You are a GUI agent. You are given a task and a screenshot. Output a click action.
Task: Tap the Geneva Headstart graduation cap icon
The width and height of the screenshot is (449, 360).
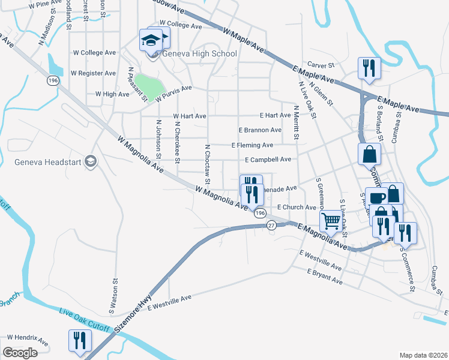91,161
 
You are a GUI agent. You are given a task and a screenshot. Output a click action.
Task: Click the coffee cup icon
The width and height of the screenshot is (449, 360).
376,197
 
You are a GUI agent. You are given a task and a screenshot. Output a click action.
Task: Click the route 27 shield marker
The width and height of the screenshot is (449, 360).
271,225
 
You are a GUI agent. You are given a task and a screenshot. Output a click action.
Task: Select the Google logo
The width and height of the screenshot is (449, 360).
20,353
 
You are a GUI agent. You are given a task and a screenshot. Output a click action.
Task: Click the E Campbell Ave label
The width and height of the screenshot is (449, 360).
268,160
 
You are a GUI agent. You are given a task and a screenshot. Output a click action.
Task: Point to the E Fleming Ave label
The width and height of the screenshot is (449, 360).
252,145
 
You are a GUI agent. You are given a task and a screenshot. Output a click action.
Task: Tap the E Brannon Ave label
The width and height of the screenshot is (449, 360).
259,130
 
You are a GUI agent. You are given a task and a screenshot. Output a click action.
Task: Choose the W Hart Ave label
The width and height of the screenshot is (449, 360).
189,116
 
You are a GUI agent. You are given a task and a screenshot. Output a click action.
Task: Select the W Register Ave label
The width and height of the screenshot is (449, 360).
93,73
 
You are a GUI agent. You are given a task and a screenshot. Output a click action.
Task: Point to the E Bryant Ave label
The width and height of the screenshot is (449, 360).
325,277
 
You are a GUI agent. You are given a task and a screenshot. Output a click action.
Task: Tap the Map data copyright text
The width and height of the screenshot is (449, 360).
422,355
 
